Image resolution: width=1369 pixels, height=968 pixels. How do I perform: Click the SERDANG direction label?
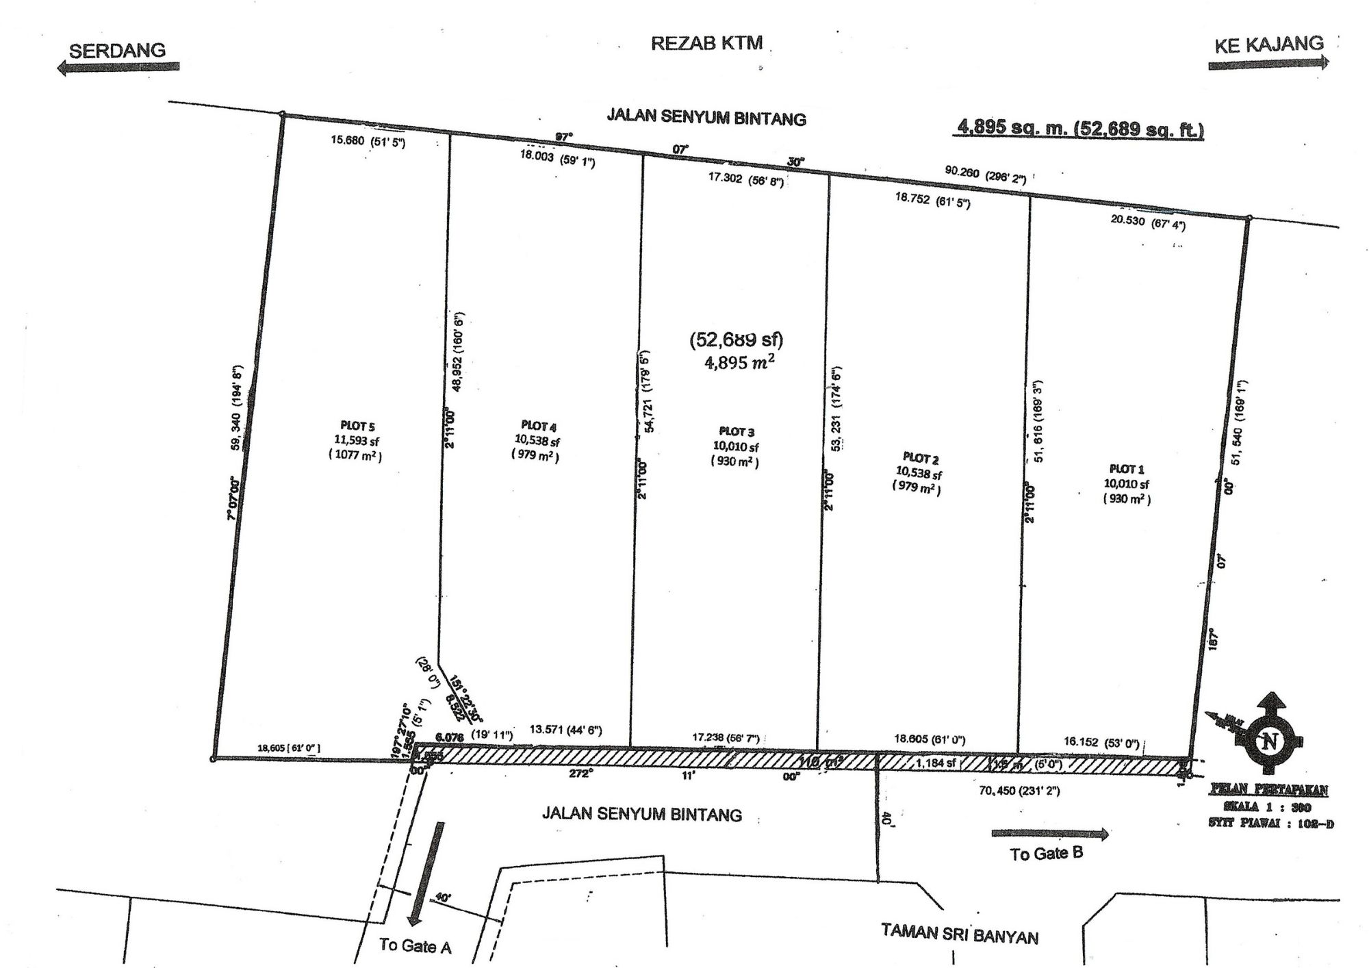tap(117, 50)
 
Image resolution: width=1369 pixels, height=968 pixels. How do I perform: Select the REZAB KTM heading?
tap(706, 43)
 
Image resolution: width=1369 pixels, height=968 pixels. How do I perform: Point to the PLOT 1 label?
tap(1126, 469)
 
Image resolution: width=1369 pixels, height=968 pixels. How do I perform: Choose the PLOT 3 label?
tap(736, 431)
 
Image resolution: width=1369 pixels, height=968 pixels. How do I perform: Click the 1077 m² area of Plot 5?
tap(355, 455)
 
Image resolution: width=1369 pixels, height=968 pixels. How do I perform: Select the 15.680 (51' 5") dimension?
tap(368, 141)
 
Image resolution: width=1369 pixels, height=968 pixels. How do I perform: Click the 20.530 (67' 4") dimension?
tap(1147, 222)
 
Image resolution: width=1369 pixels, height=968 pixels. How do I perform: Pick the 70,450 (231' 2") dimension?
tap(1019, 791)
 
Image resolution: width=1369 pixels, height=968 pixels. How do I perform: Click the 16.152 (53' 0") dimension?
tap(1101, 742)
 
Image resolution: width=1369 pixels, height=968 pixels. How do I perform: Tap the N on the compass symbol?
tap(1271, 741)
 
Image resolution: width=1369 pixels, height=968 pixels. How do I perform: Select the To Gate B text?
tap(1046, 854)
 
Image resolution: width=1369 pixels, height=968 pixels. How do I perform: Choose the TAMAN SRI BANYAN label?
tap(959, 934)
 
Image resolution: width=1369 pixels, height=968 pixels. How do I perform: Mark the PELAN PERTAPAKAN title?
tap(1268, 790)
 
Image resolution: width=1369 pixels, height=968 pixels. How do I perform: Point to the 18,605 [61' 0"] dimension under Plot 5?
tap(288, 748)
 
